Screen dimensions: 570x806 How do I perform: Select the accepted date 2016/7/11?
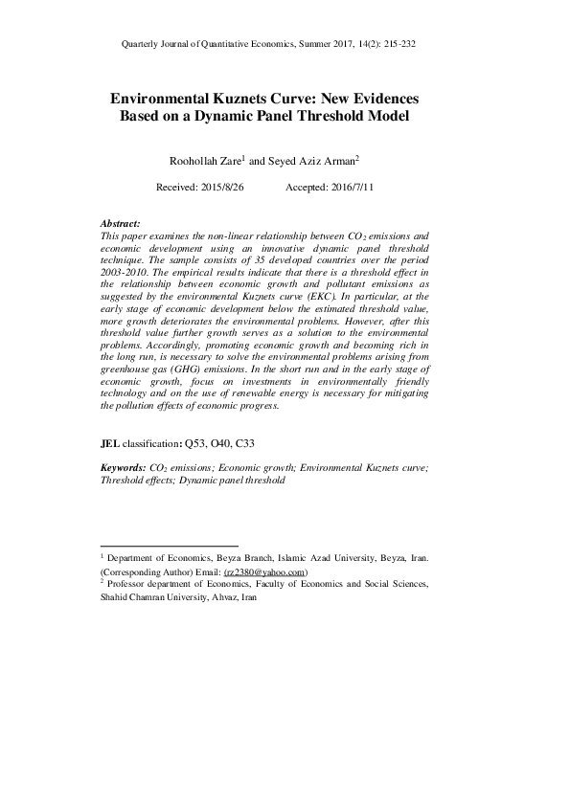(349, 188)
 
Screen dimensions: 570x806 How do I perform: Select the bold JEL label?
(109, 444)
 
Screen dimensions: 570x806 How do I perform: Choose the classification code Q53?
(194, 444)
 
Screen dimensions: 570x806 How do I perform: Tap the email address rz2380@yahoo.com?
(264, 571)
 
